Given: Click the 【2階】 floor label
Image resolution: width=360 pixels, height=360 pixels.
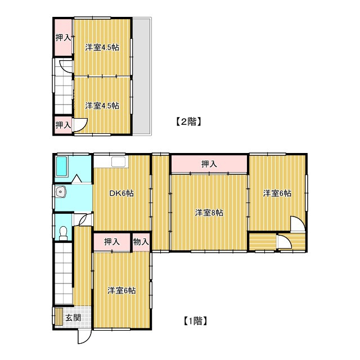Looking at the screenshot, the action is point(189,121).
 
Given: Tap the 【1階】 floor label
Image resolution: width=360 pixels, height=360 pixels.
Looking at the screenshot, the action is point(196,321).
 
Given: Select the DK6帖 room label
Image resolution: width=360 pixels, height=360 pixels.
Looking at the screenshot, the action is point(121,193).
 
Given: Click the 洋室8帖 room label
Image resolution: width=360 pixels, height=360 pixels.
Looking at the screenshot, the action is point(209,213).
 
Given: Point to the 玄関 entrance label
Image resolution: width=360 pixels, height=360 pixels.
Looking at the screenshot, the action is point(73,318).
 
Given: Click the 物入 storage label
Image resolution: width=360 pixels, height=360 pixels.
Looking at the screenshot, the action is point(141,241).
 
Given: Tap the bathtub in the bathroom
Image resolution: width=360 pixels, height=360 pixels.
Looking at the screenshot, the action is point(61,166).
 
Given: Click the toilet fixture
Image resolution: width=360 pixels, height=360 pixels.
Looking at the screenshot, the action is point(63,233).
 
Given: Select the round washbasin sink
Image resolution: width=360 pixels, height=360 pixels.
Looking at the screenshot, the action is point(61,191).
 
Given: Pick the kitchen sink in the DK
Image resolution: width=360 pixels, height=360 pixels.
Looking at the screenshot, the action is point(119,161).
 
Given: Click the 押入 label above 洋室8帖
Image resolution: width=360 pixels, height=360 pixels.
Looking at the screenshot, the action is point(209,164).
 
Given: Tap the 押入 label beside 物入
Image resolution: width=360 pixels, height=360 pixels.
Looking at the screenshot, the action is point(111,241).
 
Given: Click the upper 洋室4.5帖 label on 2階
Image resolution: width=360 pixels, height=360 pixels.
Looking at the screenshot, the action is point(102,47).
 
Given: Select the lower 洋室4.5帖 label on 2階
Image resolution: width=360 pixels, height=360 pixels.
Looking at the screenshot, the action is point(102,106).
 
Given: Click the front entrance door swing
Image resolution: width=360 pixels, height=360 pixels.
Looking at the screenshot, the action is point(84,336).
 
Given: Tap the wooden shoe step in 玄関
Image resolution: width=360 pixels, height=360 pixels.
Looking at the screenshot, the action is point(59,316).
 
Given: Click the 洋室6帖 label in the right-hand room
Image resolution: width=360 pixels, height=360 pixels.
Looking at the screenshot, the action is point(277,193).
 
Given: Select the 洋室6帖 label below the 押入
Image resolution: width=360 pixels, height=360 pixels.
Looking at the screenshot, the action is point(121,291).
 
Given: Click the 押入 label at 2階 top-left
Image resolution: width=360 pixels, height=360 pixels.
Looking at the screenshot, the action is point(63,38).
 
